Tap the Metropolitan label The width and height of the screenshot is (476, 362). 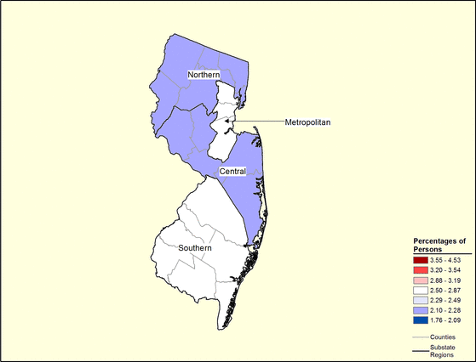click(307, 122)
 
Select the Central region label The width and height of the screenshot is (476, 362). click(232, 172)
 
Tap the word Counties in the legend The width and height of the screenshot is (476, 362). click(444, 337)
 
